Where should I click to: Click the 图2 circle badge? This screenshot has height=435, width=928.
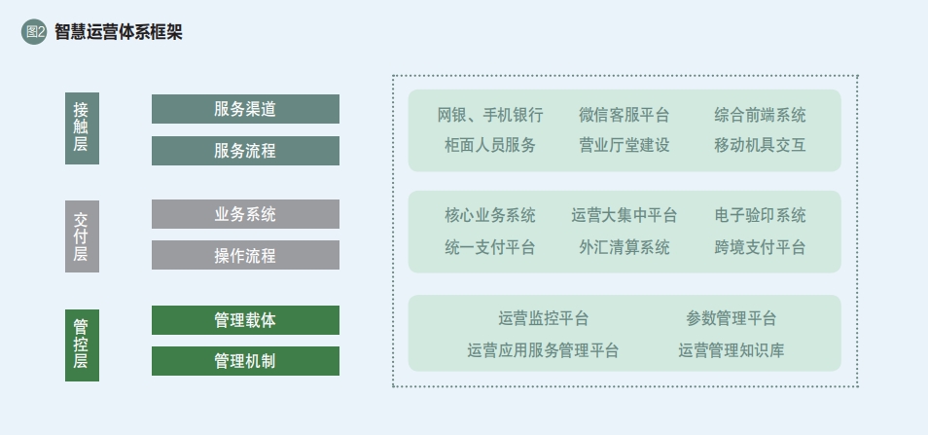point(34,32)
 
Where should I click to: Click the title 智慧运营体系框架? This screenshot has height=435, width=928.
point(119,32)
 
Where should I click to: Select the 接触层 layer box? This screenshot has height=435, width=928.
point(82,127)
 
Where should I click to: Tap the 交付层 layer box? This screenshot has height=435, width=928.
point(82,236)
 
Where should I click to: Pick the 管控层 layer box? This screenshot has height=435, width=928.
point(82,345)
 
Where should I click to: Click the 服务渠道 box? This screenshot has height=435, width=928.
point(245,109)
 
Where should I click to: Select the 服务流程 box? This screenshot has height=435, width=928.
point(245,151)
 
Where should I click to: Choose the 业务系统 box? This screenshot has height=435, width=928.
point(245,214)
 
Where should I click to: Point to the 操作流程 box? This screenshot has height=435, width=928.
point(245,255)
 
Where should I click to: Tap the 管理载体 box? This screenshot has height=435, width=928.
point(245,320)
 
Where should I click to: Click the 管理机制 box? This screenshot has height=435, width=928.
point(245,361)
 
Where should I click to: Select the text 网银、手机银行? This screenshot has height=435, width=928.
point(490,114)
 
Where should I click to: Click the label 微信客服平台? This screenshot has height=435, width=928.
point(624,114)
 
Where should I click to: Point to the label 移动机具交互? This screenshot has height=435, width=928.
point(760,145)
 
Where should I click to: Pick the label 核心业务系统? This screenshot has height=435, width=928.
point(490,215)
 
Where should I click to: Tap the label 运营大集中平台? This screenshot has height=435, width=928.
point(624,215)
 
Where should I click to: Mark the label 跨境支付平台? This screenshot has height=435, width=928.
point(760,247)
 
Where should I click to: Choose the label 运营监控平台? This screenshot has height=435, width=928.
point(544,318)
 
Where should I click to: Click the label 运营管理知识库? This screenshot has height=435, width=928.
point(731,350)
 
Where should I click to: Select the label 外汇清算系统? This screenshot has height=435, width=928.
point(624,247)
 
